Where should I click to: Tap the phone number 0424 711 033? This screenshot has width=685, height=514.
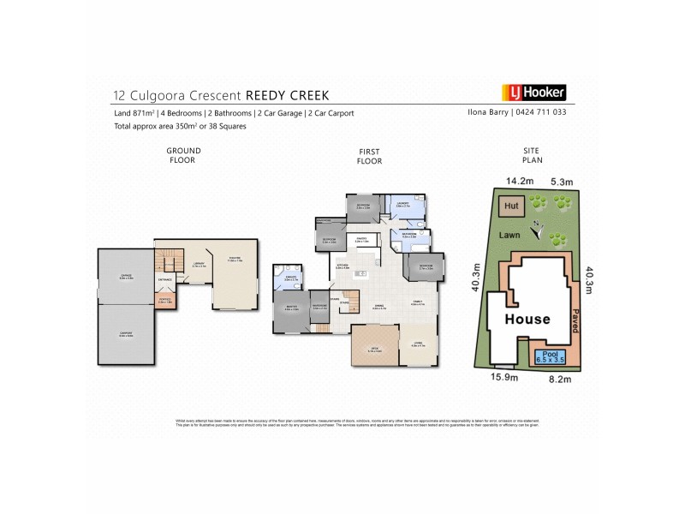pyautogui.click(x=540, y=112)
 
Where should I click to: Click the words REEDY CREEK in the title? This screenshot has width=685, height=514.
pyautogui.click(x=287, y=95)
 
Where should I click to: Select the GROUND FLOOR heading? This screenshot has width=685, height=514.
pyautogui.click(x=183, y=155)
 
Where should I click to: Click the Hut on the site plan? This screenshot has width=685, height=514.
pyautogui.click(x=511, y=206)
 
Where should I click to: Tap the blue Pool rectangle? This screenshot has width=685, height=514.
pyautogui.click(x=551, y=356)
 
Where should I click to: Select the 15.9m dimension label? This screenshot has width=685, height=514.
pyautogui.click(x=502, y=376)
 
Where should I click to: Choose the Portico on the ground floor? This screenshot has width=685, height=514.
pyautogui.click(x=165, y=301)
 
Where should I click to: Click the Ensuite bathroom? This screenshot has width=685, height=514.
pyautogui.click(x=289, y=280)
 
